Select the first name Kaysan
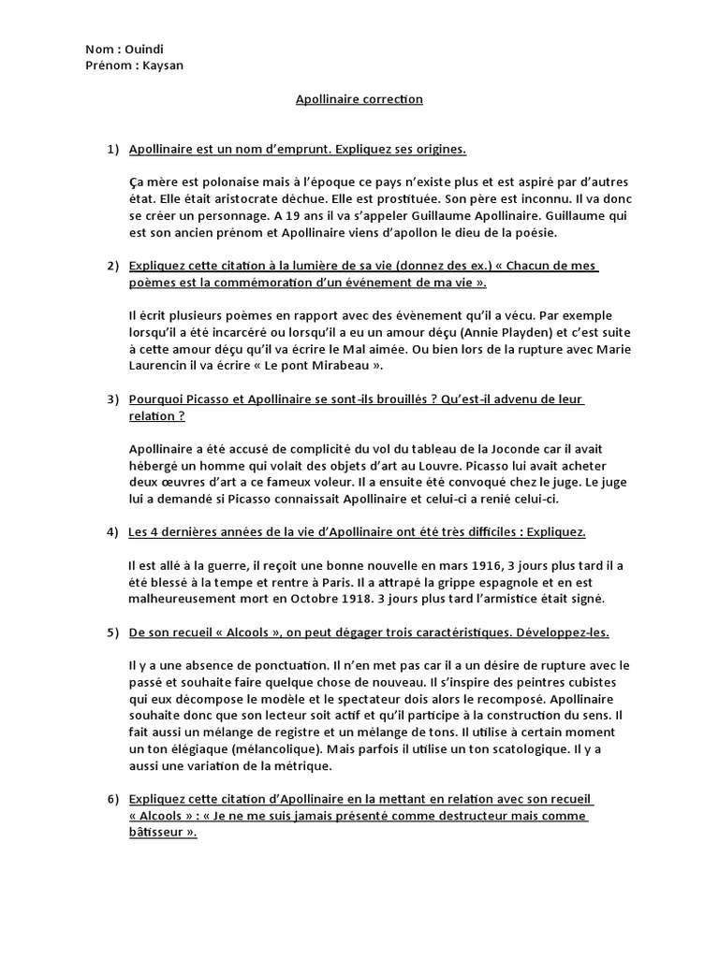(x=163, y=65)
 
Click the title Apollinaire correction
(x=359, y=99)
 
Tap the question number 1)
(x=113, y=150)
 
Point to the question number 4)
(x=113, y=532)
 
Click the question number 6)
(x=113, y=799)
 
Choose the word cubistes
(x=604, y=682)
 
